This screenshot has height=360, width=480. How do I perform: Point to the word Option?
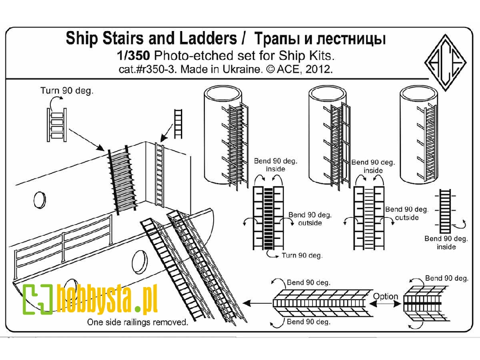386,296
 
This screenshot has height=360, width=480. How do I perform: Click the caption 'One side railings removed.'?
138,322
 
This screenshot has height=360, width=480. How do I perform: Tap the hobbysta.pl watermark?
90,299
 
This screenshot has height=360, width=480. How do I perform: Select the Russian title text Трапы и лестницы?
320,39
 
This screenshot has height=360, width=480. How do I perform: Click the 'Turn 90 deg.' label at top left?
67,90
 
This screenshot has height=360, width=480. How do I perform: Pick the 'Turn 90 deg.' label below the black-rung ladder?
301,256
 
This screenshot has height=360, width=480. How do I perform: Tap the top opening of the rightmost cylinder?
419,94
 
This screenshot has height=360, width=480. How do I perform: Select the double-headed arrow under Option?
386,305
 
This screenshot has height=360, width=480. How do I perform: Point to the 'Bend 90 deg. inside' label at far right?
446,243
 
